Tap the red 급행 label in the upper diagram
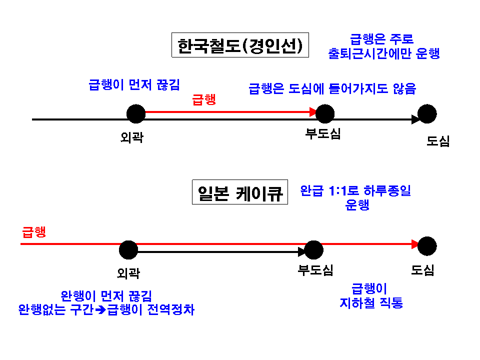204,99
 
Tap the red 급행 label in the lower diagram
34,231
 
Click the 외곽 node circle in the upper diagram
136,114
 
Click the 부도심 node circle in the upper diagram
325,114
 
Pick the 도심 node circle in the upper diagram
427,114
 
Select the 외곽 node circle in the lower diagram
128,249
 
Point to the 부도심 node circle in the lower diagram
314,249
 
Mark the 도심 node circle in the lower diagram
427,246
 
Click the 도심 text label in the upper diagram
438,141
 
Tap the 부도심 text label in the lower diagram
315,270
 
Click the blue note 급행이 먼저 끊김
134,84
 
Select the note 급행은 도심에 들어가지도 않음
332,89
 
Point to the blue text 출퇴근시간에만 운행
384,53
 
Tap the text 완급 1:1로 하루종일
355,190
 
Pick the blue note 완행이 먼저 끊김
106,295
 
